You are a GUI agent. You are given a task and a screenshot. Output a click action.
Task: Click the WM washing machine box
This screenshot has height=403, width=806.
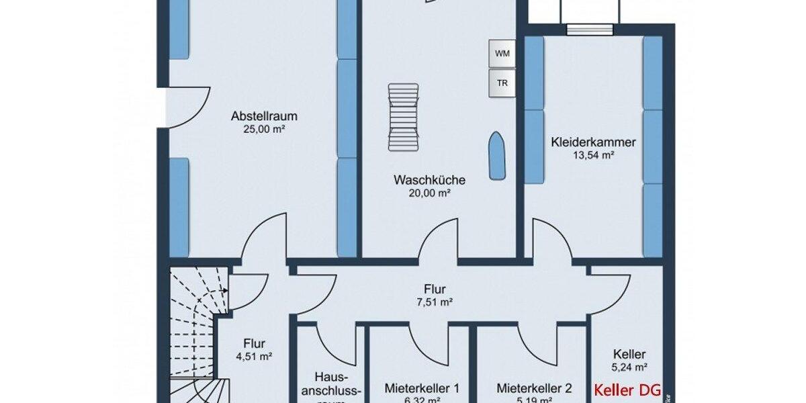pos(502,53)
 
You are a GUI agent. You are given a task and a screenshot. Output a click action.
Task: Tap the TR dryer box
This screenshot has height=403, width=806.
pos(502,83)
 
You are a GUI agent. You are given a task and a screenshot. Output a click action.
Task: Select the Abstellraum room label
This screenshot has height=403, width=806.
pos(264,116)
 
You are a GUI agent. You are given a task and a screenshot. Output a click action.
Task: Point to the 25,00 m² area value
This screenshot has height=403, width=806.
pos(264,128)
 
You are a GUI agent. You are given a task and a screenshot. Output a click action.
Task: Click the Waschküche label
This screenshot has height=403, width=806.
pos(430,180)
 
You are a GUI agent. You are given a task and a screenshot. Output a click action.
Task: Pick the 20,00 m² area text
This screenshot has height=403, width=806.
pos(430,192)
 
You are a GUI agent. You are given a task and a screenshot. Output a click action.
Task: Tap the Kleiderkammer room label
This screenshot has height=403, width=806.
pos(593,142)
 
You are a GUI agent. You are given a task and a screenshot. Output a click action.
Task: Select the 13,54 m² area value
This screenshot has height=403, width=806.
pos(593,154)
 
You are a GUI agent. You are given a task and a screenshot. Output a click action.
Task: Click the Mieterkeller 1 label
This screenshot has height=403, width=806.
pos(422,388)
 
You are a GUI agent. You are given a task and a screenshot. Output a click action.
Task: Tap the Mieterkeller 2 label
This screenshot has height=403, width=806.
pos(535,388)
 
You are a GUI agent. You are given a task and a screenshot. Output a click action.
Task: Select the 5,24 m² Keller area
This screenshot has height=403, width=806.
pos(629,367)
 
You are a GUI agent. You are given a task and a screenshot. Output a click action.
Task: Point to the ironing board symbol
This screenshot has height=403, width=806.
pos(496,156)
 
